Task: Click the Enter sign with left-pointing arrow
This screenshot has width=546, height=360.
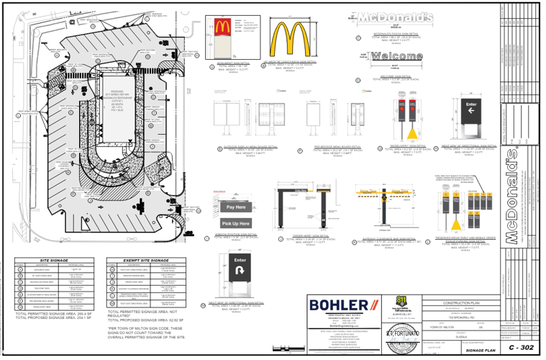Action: (x=472, y=110)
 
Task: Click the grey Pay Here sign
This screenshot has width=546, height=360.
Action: (x=236, y=207)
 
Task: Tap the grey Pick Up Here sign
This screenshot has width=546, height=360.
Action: (x=236, y=224)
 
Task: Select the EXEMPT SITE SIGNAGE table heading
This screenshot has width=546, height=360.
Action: (x=145, y=259)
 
